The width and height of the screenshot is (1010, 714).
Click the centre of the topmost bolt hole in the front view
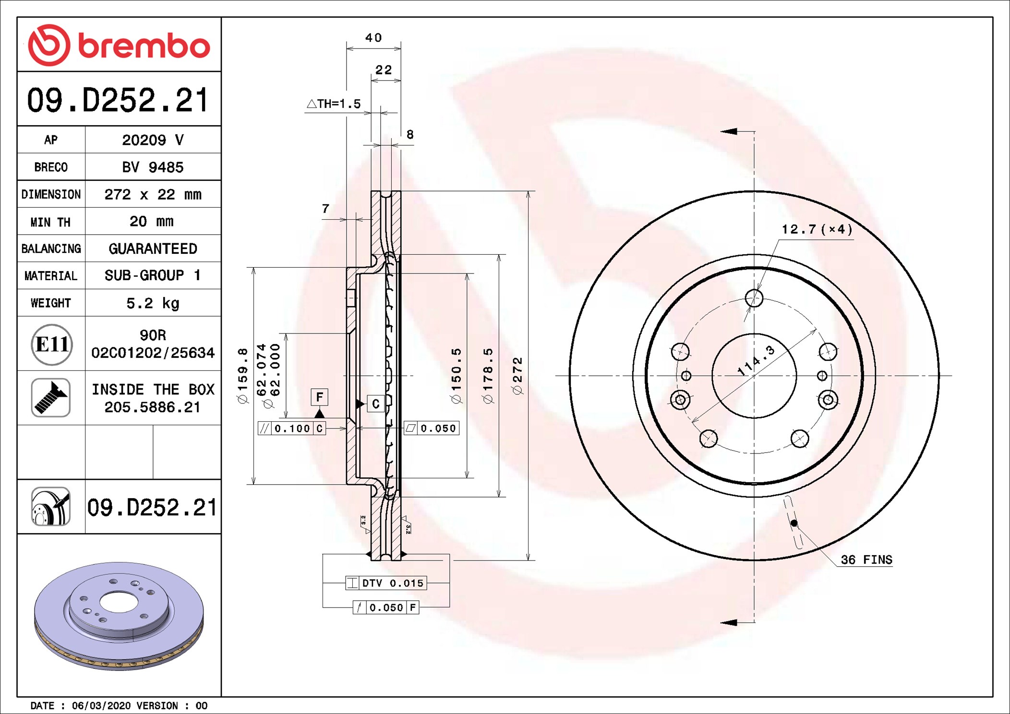(x=754, y=298)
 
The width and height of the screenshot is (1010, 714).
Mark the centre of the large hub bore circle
(x=754, y=376)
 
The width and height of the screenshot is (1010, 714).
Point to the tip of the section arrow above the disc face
(x=721, y=131)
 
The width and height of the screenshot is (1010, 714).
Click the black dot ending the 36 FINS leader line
(x=794, y=523)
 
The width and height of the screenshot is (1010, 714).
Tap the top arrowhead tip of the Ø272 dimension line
(x=528, y=191)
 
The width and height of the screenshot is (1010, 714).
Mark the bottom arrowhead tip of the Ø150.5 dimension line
(x=467, y=478)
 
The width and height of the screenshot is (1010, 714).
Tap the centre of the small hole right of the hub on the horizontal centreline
(x=822, y=376)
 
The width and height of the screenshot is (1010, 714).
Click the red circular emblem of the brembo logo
(x=49, y=45)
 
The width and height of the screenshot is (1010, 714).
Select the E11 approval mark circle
(x=52, y=344)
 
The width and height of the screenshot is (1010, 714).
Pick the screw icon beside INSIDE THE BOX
(x=51, y=398)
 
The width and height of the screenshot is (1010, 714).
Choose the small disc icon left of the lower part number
(x=51, y=507)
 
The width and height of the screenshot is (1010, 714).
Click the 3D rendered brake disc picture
(x=119, y=616)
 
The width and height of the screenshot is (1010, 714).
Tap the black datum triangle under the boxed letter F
(x=319, y=413)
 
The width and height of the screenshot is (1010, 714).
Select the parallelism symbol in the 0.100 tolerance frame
(x=265, y=428)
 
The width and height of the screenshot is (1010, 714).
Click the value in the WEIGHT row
(x=153, y=303)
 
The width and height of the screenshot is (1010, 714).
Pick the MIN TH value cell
(x=153, y=221)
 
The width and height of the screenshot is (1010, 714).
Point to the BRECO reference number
(x=153, y=167)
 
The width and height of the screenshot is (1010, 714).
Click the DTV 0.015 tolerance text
(x=393, y=583)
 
